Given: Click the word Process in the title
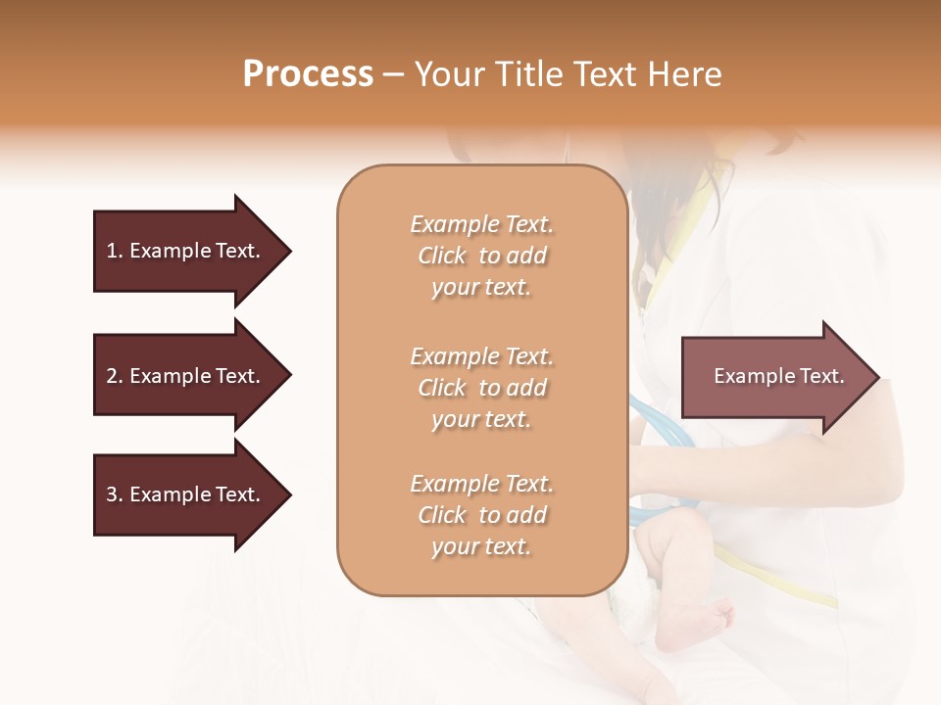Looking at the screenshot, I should [308, 74].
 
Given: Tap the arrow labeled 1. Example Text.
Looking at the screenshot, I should [186, 251].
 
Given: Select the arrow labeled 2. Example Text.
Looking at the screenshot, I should [186, 376].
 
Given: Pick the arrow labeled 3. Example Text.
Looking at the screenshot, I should [186, 494].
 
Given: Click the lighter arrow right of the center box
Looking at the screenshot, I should [774, 376].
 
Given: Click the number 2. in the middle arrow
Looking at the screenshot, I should [115, 376].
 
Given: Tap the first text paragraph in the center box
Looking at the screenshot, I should [481, 256].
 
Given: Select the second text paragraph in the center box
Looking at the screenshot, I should [481, 388].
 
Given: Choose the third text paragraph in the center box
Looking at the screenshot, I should [481, 515].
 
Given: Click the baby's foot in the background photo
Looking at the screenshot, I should [698, 623].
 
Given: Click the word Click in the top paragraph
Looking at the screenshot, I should [442, 256].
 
